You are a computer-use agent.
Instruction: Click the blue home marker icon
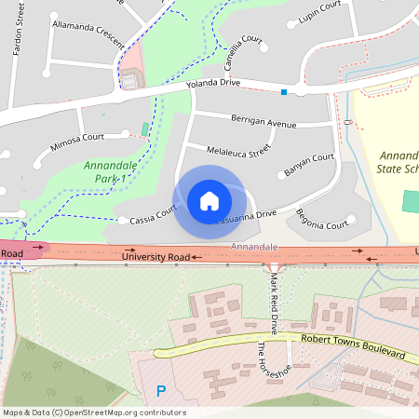(x=209, y=200)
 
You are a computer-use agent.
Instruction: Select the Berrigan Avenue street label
(x=264, y=121)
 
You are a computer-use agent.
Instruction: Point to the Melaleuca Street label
(x=238, y=147)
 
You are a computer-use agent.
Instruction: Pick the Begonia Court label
(x=321, y=223)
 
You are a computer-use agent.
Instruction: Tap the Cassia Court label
(x=146, y=215)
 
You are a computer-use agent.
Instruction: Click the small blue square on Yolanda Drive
(x=284, y=91)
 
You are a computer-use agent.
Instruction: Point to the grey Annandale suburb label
(x=254, y=246)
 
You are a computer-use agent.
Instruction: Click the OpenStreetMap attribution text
(x=95, y=412)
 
